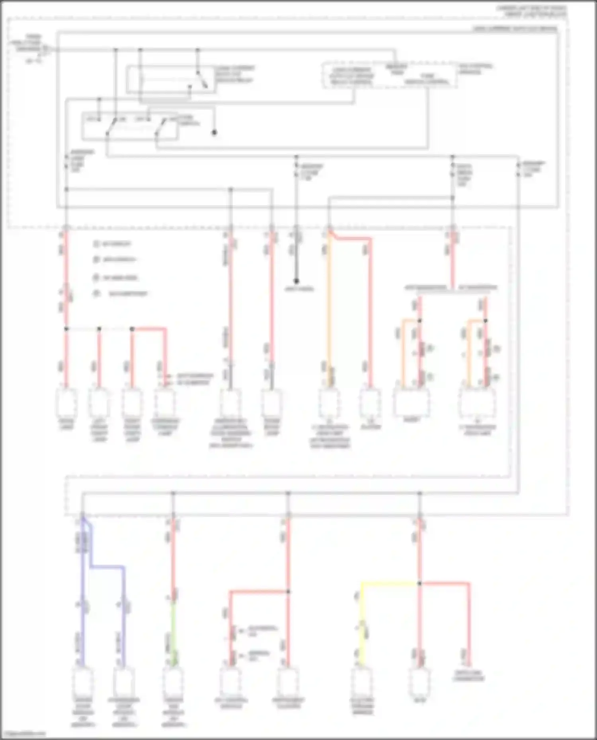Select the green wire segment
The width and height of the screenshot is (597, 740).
coord(173,632)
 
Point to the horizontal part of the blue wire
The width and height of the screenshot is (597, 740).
coord(107,567)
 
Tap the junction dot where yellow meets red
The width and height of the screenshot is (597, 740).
coord(419,583)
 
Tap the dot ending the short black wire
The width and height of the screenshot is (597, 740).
coord(296,281)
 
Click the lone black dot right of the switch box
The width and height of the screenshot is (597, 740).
coord(214,132)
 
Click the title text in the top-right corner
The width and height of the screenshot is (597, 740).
coord(531,11)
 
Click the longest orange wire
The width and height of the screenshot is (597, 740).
coord(329,310)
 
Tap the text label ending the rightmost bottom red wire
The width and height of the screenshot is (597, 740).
coord(468,676)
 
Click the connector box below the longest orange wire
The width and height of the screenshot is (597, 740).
coord(329,404)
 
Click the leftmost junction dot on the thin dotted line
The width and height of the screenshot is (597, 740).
coord(66,329)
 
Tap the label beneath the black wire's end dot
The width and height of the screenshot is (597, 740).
coord(299,289)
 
